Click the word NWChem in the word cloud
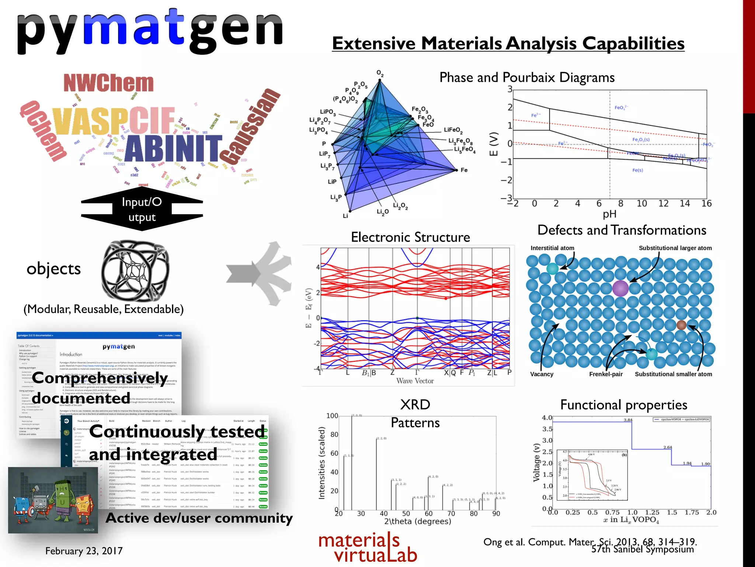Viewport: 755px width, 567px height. [108, 83]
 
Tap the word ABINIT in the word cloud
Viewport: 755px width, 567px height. [173, 148]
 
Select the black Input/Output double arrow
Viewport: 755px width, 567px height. [142, 209]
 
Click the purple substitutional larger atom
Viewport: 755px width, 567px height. [620, 288]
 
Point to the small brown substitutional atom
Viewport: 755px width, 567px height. [681, 325]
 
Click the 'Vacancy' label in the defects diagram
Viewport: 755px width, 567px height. [542, 374]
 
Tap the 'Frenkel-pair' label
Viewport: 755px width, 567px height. [606, 374]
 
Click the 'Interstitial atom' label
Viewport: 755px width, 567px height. [552, 248]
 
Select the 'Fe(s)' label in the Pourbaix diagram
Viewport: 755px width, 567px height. [637, 170]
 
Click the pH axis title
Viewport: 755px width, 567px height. [609, 214]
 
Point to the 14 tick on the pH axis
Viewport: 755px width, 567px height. [685, 203]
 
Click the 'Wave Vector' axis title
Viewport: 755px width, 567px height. [415, 381]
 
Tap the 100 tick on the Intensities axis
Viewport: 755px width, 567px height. [332, 416]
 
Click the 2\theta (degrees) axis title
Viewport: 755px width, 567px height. [417, 521]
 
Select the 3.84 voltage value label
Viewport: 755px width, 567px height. [628, 420]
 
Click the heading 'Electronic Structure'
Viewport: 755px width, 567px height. [410, 237]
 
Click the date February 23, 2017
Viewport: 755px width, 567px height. [84, 551]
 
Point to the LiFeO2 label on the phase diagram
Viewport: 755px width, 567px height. [453, 130]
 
